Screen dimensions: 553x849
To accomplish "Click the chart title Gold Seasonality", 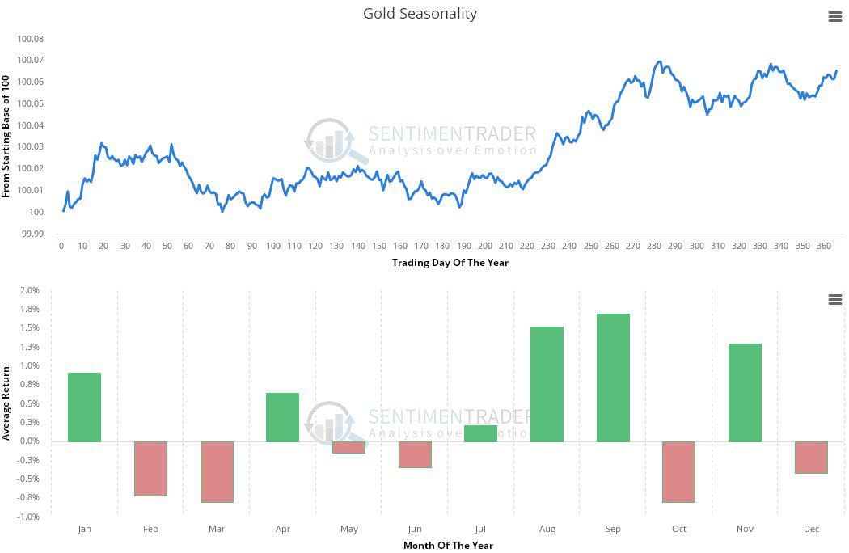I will (420, 14).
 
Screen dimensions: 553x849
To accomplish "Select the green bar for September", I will (613, 378).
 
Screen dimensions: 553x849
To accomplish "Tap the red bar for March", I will (217, 471).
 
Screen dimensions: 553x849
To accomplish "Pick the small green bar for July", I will (480, 433).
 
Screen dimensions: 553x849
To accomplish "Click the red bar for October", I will (678, 471).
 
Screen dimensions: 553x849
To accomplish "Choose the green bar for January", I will (84, 407).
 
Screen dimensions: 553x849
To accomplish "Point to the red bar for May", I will (348, 447).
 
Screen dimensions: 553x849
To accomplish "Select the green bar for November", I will (745, 393).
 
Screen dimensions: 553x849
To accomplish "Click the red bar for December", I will (811, 457).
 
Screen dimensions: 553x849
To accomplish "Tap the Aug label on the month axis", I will (547, 529).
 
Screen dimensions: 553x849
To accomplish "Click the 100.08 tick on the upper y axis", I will (30, 39).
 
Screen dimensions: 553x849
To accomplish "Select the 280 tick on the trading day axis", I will (654, 246).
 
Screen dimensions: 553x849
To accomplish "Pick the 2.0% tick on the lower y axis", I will (29, 290).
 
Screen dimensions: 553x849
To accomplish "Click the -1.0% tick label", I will (29, 516).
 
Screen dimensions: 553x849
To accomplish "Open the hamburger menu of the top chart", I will (835, 17).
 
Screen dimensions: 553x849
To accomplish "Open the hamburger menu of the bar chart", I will (835, 300).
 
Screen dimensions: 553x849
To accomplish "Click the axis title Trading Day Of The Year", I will (450, 262).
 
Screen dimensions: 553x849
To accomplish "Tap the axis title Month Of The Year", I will (448, 545).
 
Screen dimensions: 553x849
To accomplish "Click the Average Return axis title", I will (6, 403).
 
